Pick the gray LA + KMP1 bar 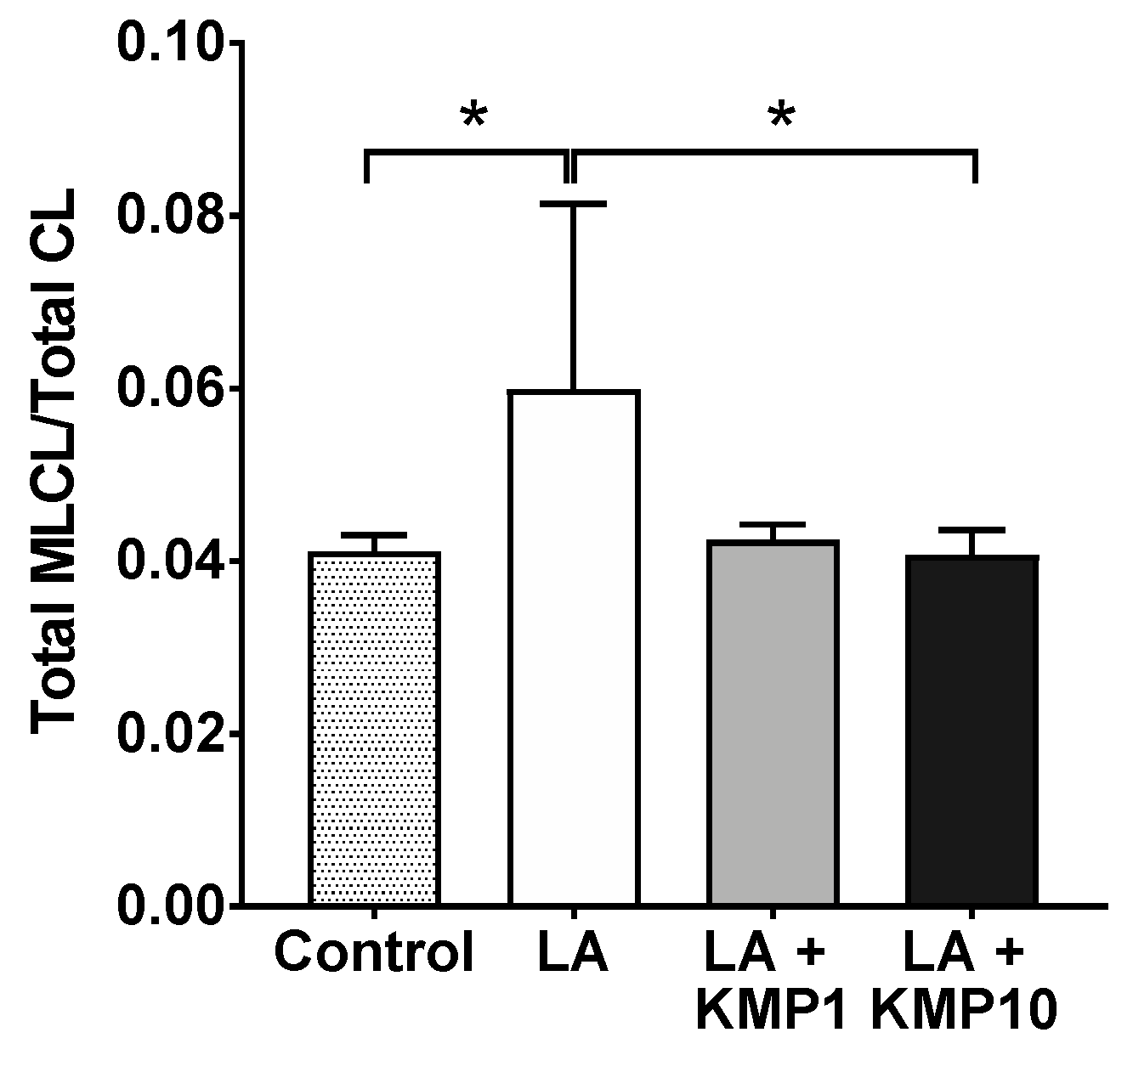pyautogui.click(x=773, y=723)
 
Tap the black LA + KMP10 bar pyautogui.click(x=972, y=731)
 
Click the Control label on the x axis pyautogui.click(x=374, y=953)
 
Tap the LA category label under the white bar pyautogui.click(x=574, y=953)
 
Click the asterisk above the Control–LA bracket pyautogui.click(x=473, y=117)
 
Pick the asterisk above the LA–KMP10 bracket pyautogui.click(x=781, y=117)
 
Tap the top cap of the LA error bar pyautogui.click(x=574, y=204)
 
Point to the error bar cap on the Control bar pyautogui.click(x=374, y=535)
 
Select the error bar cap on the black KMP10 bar pyautogui.click(x=972, y=530)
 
